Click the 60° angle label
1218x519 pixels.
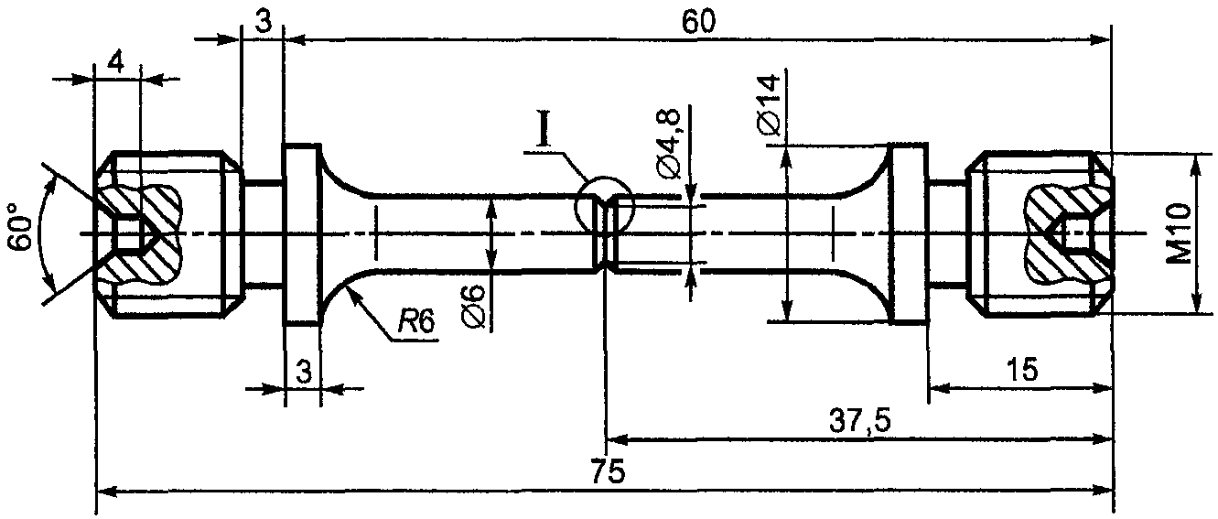point(21,227)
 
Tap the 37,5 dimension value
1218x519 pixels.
point(859,421)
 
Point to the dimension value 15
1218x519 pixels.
point(1022,370)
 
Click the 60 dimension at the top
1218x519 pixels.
point(699,22)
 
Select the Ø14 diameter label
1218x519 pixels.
point(769,105)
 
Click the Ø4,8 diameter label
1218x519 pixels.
point(669,144)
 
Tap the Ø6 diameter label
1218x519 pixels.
point(475,308)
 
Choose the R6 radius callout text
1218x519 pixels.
point(416,322)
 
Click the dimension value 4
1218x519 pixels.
point(115,61)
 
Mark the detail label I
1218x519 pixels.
point(544,129)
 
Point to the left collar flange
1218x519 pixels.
point(301,234)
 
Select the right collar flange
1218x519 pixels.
point(908,233)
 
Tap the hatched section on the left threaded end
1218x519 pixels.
point(143,234)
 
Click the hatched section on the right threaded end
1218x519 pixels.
point(1067,234)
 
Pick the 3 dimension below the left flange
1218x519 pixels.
point(304,373)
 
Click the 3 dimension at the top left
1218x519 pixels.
point(264,22)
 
